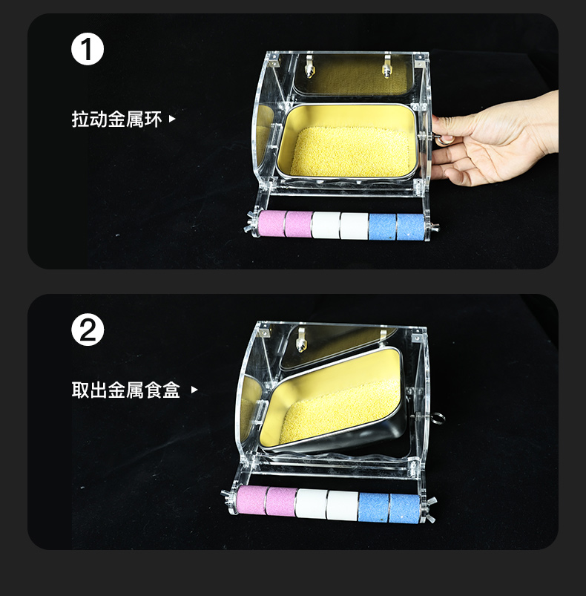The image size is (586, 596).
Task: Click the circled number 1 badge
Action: [88, 49]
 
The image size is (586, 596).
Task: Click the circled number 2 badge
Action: [88, 330]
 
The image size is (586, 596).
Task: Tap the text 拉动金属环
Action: [116, 119]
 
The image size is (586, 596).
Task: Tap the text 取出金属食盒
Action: [125, 390]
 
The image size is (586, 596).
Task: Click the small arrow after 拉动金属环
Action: [172, 119]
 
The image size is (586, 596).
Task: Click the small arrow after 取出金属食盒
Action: [194, 390]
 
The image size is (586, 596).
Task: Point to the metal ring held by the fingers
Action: [443, 140]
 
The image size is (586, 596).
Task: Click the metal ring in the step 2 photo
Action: [438, 419]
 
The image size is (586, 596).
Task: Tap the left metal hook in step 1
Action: [309, 67]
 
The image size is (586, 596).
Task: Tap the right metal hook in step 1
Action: [386, 67]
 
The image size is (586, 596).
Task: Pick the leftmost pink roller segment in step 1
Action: [271, 224]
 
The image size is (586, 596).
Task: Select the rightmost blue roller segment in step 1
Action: [410, 227]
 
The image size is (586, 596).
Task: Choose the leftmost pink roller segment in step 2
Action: [251, 500]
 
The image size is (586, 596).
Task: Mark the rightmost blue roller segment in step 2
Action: [404, 508]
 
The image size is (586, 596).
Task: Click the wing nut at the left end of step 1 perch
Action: [251, 224]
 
